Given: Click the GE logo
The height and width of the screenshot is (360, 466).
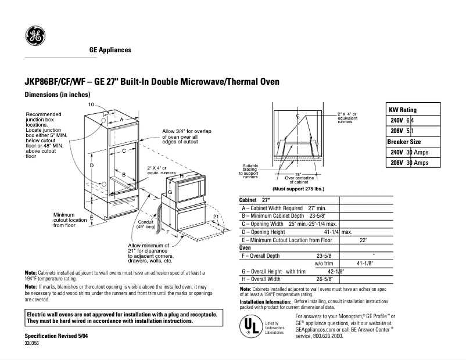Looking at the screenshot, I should (x=35, y=37).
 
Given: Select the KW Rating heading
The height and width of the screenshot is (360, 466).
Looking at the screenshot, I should (x=402, y=110).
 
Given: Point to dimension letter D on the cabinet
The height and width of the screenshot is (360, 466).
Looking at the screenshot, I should (x=92, y=166).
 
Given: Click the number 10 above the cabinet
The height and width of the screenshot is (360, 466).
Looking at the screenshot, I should (x=91, y=104).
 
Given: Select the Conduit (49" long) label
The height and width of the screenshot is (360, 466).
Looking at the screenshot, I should (x=146, y=224).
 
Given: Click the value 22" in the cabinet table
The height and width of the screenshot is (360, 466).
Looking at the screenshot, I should (x=364, y=239).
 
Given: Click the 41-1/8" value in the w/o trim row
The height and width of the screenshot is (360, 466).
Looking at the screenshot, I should (x=364, y=263).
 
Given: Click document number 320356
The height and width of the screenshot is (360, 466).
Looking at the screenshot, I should (x=33, y=344).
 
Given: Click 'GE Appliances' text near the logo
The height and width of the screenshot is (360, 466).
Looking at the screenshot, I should (x=110, y=50).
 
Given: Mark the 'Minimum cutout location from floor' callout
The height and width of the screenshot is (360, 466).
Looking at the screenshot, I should (x=69, y=219).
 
